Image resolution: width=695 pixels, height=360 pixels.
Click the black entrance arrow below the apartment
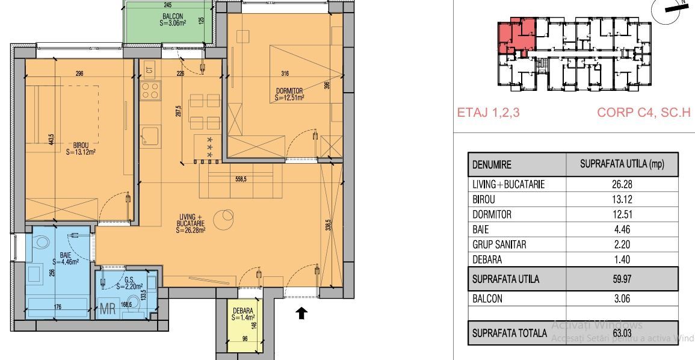click(302, 313)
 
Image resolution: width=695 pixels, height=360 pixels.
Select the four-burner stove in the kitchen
click(150, 91)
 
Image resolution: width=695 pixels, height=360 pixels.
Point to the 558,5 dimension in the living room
click(239, 178)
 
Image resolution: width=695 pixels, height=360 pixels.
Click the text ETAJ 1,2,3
click(488, 113)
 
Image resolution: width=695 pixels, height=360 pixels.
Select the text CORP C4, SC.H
click(643, 113)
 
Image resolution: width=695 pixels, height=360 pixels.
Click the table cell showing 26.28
click(622, 185)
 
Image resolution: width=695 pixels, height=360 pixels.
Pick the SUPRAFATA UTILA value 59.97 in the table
click(622, 279)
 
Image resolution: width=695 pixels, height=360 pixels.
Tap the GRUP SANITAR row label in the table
click(499, 244)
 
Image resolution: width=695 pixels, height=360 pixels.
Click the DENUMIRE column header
click(492, 164)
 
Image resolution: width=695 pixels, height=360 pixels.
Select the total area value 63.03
click(622, 333)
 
